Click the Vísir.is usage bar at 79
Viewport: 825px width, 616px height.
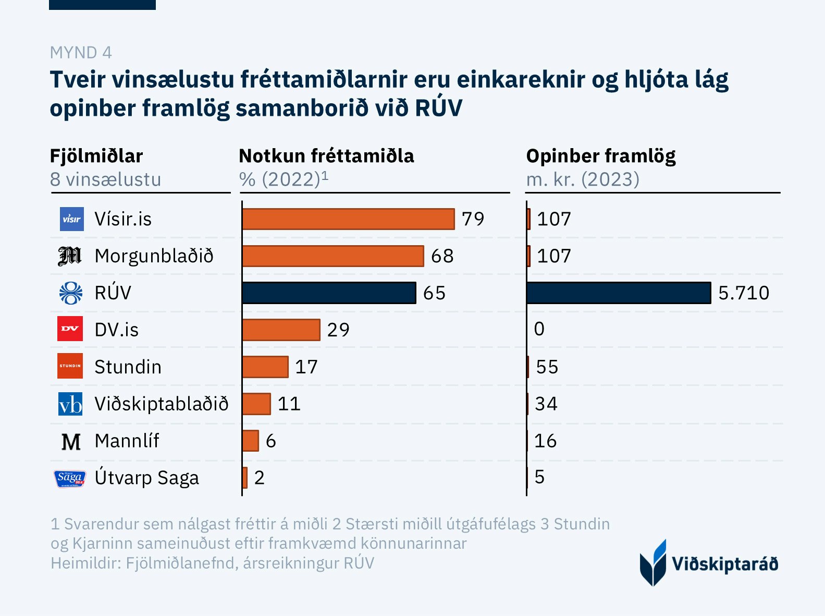coord(348,219)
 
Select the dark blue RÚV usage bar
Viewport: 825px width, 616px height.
coord(329,293)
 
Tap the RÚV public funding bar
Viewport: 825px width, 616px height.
coord(619,293)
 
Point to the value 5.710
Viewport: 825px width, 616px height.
coord(743,293)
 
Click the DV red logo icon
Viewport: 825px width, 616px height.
coord(70,329)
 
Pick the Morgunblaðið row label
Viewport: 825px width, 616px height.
coord(154,256)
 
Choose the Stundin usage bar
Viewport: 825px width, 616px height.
coord(265,367)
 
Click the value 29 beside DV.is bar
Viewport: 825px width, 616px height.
coord(338,330)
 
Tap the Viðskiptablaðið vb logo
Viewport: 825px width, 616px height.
coord(70,404)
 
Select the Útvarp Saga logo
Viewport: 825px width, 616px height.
coord(70,478)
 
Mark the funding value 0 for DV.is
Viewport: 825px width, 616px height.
coord(539,329)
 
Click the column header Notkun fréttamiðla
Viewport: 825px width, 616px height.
coord(326,156)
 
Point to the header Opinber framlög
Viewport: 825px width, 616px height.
coord(601,156)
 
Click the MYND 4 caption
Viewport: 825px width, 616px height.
coord(81,53)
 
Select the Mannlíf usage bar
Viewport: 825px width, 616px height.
coord(251,441)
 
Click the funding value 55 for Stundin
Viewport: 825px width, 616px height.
coord(547,367)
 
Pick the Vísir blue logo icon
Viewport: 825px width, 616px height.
coord(71,219)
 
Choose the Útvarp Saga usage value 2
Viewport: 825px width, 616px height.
coord(260,478)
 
